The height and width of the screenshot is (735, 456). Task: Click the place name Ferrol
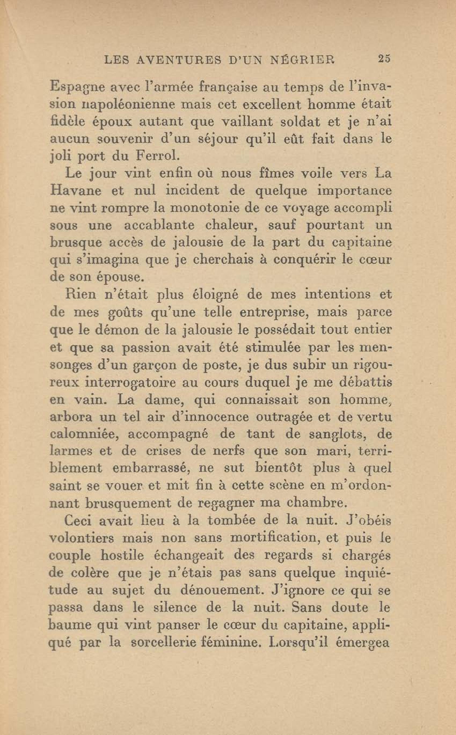pyautogui.click(x=156, y=156)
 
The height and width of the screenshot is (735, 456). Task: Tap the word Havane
pyautogui.click(x=75, y=191)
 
